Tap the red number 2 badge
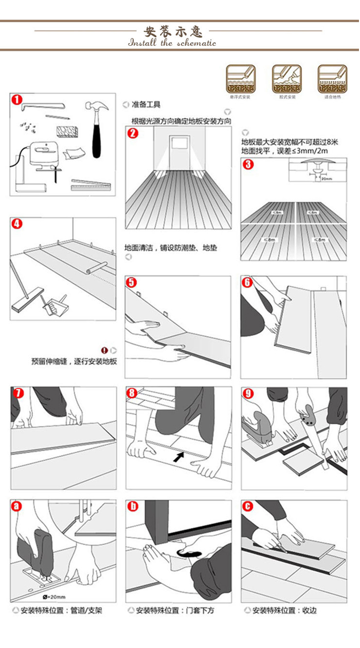click(133, 134)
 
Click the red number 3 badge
click(248, 165)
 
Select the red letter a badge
click(17, 507)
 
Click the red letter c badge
click(248, 507)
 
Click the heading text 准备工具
click(146, 104)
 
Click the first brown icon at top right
click(241, 79)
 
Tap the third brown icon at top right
click(332, 79)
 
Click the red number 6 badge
click(247, 282)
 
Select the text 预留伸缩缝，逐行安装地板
click(74, 361)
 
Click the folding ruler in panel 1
click(91, 184)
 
